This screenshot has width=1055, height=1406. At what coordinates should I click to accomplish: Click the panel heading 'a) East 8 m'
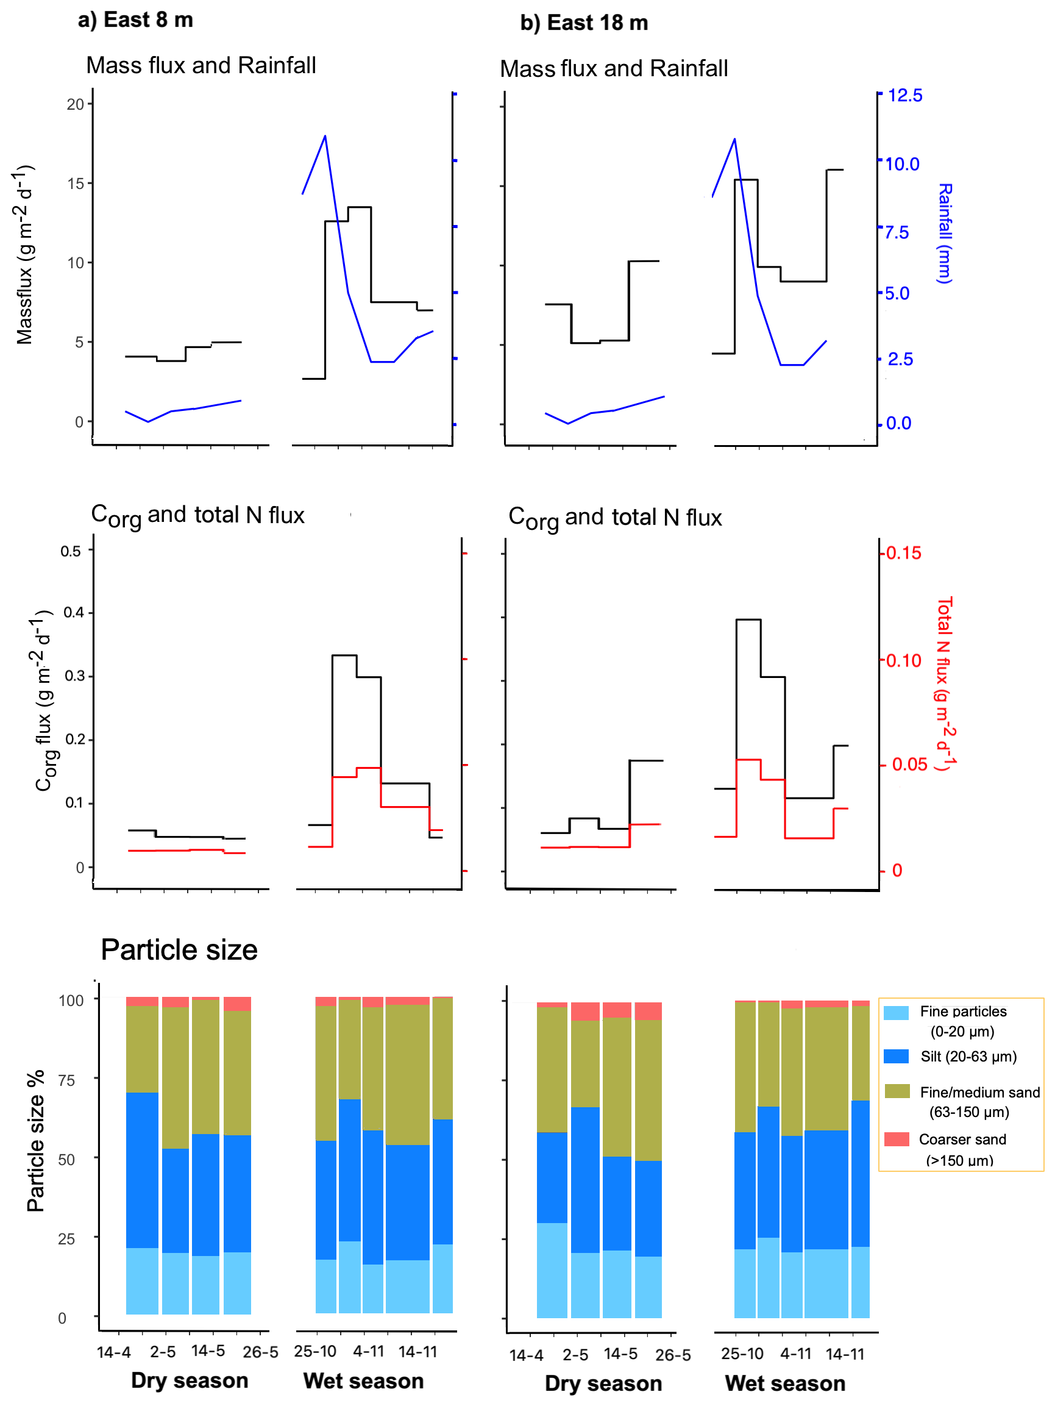tap(135, 20)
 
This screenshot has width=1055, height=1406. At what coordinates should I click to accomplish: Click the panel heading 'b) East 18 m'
tap(584, 23)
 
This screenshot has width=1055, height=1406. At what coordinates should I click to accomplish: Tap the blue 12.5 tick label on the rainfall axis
tap(905, 95)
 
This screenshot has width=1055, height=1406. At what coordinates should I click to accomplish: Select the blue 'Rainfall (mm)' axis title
tap(945, 234)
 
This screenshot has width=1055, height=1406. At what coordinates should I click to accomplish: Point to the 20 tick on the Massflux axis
tap(75, 104)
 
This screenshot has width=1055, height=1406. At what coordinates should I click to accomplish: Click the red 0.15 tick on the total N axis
tap(904, 553)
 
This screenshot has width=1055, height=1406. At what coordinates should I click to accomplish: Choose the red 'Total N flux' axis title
tap(946, 684)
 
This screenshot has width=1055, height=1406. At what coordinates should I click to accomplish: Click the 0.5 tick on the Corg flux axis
tap(71, 551)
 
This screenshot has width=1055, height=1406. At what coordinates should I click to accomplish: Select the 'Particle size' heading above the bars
tap(179, 949)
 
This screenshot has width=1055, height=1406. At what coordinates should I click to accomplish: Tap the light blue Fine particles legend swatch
tap(896, 1013)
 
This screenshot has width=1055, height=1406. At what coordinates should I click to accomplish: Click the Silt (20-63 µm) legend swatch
tap(896, 1057)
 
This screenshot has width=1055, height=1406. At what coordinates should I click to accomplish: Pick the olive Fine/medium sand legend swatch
tap(897, 1091)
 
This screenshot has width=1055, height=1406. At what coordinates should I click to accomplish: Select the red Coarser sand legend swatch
tap(897, 1138)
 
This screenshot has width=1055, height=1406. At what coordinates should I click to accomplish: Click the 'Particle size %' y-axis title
tap(35, 1141)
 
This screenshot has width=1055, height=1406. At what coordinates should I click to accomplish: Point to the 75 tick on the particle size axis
tap(66, 1080)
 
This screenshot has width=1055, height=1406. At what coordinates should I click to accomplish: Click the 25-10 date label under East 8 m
tap(315, 1351)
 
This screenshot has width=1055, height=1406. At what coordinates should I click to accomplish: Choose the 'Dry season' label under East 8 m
tap(190, 1380)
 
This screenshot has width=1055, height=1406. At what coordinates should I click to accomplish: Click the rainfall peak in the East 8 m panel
tap(325, 135)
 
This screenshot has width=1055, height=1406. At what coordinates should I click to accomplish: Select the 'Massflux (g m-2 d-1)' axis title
tap(25, 255)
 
